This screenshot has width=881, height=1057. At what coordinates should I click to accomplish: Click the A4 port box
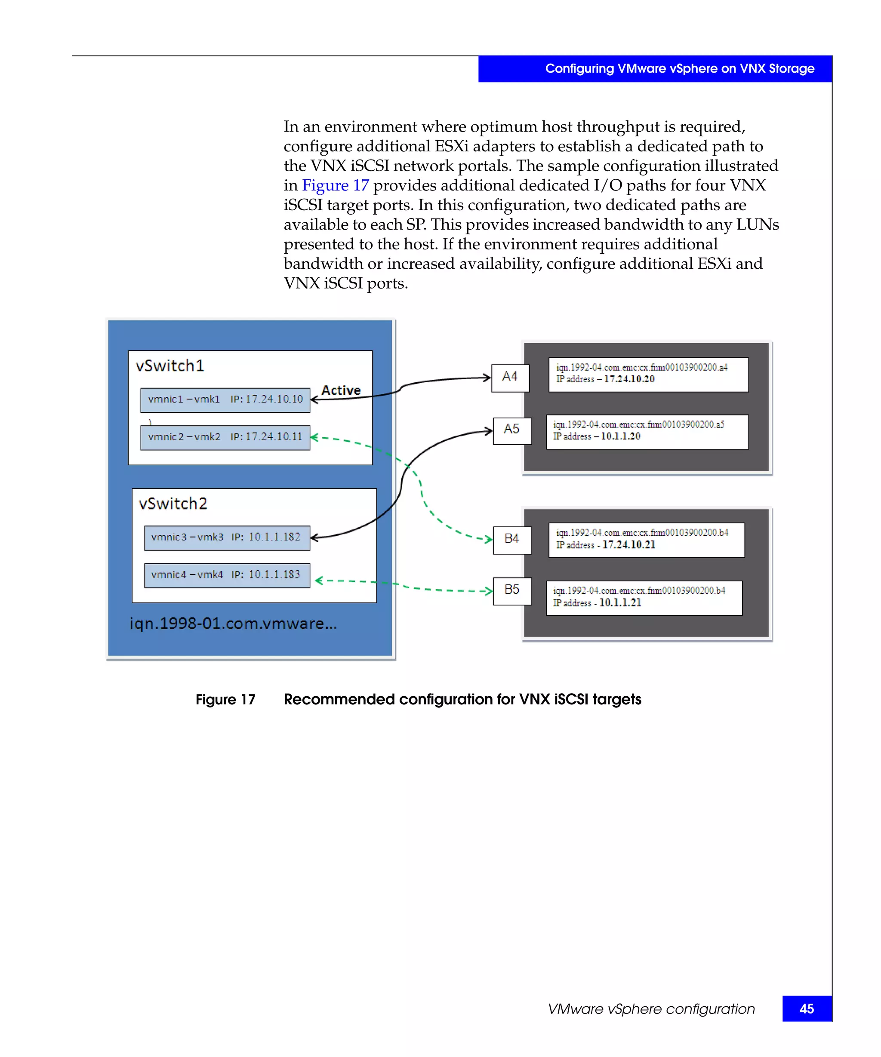510,378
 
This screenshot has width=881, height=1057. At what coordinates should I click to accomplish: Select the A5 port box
512,431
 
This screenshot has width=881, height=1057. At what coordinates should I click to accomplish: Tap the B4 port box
512,540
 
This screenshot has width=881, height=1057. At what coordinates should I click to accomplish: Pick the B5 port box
512,591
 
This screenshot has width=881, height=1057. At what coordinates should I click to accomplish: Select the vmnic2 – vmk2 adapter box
225,437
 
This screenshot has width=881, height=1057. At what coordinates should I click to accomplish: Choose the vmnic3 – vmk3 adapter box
227,538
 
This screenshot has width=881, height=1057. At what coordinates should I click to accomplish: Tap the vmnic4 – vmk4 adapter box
227,576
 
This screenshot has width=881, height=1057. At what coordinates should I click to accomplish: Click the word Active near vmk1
341,390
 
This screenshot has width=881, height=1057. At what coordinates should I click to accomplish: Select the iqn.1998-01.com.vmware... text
233,624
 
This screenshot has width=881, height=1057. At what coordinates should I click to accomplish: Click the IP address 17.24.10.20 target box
648,375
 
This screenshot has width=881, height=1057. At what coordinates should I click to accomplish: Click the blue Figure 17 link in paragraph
335,186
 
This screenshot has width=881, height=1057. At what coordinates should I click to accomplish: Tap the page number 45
807,1009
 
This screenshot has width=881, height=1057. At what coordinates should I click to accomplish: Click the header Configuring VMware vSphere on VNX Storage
679,68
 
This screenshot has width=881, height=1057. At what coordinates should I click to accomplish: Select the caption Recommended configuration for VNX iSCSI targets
462,700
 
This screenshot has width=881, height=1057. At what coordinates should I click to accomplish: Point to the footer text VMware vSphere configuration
651,1009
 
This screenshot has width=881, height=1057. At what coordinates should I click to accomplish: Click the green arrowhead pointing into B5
488,591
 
